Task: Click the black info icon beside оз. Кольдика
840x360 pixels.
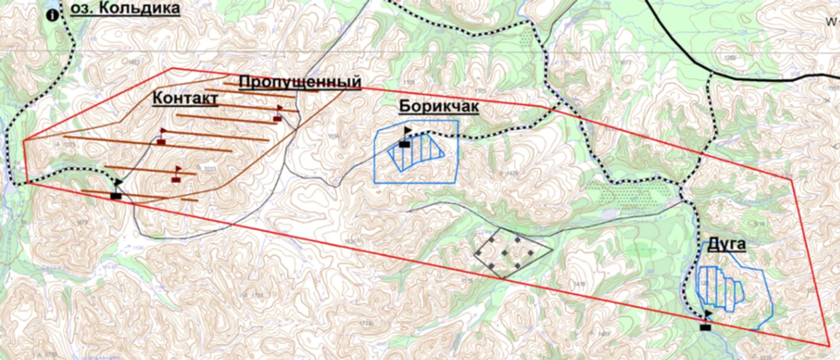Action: pos(52,15)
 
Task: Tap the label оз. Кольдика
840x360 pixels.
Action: pos(125,8)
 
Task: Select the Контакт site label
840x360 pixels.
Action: pos(185,98)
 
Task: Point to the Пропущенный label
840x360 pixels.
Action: pos(300,82)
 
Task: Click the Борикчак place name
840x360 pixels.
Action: pos(439,106)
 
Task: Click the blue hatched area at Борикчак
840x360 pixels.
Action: pos(416,152)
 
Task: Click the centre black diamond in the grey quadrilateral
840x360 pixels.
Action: pos(505,252)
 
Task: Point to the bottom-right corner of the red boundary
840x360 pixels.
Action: pos(829,346)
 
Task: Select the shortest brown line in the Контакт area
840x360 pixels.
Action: pos(190,199)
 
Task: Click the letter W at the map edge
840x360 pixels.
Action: pos(830,22)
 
